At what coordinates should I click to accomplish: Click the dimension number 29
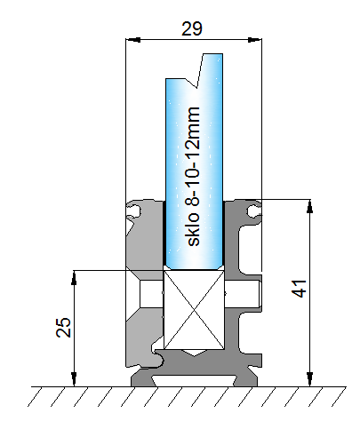click(192, 28)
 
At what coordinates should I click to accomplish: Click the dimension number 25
click(63, 328)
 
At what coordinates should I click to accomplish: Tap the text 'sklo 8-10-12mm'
click(193, 177)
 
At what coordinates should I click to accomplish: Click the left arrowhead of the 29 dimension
click(133, 39)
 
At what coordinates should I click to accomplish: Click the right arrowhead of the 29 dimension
click(255, 39)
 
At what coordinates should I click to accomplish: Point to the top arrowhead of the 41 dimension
click(310, 206)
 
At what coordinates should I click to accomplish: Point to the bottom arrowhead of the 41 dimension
click(310, 379)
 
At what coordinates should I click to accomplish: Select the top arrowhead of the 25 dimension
click(74, 277)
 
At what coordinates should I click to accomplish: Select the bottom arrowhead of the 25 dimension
click(74, 379)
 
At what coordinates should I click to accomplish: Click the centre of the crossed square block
click(194, 309)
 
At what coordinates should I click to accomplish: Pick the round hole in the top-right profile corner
click(253, 211)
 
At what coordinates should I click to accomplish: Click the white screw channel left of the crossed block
click(152, 294)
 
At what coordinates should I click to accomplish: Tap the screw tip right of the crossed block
click(243, 293)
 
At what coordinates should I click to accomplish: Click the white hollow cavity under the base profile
click(194, 380)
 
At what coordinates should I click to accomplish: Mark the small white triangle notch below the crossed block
click(194, 353)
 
